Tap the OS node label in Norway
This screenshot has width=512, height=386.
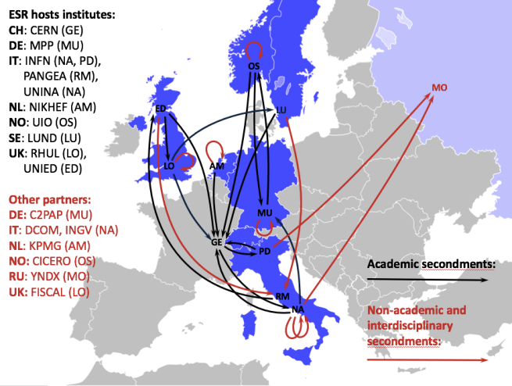(x=253, y=66)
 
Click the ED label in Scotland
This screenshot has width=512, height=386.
(x=161, y=108)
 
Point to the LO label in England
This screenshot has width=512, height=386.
(x=168, y=165)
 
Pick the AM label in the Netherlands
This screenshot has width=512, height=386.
(x=217, y=166)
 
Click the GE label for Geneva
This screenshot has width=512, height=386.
(x=217, y=243)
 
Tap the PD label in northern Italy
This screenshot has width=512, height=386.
(x=264, y=251)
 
